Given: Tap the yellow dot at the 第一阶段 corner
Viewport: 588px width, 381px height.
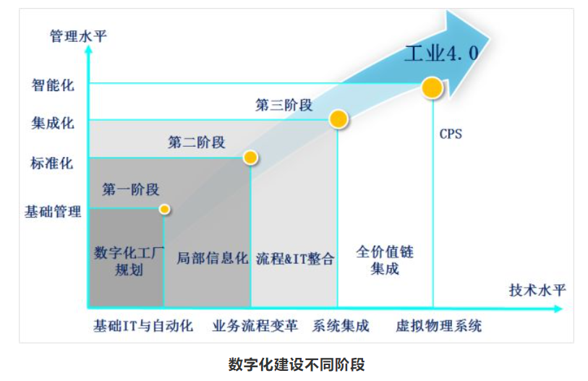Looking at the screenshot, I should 164,209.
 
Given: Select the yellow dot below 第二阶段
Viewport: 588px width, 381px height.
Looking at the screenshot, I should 250,157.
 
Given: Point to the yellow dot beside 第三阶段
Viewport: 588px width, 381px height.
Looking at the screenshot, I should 338,119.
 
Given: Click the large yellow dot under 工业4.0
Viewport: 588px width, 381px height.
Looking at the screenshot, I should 432,87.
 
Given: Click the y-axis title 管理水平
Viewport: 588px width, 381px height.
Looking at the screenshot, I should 78,36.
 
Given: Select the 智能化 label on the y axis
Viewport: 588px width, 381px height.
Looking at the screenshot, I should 53,85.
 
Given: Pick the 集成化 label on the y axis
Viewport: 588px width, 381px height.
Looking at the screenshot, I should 53,123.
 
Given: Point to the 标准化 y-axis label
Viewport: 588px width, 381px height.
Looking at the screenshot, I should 52,163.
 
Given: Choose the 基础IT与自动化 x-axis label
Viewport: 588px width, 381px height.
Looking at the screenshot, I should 143,325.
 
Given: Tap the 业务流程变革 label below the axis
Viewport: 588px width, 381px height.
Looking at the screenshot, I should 255,325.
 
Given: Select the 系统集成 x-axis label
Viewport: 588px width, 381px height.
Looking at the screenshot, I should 341,325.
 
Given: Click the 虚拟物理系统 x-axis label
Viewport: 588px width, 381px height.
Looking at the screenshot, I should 438,325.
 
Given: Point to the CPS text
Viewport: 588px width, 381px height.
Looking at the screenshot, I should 450,134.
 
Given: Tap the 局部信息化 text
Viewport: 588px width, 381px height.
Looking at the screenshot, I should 212,258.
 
